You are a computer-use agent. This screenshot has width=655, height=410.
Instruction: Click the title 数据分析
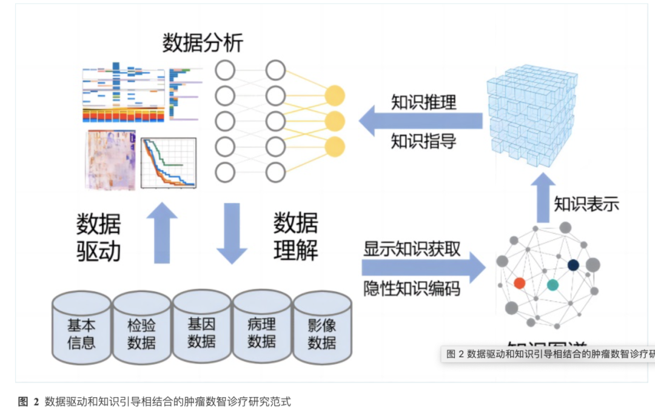(203, 43)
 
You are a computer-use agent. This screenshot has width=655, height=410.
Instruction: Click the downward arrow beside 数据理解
(233, 233)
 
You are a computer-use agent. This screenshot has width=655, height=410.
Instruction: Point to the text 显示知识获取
(412, 248)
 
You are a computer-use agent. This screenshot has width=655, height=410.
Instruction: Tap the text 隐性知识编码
(412, 288)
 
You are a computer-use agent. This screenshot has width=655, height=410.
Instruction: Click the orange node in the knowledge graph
(519, 283)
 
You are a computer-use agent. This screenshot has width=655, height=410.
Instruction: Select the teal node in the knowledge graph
(553, 285)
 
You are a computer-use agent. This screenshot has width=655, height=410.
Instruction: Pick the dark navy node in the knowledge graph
(573, 265)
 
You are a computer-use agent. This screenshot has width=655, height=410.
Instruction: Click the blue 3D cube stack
(531, 117)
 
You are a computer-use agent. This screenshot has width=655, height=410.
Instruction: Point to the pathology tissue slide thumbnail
(110, 160)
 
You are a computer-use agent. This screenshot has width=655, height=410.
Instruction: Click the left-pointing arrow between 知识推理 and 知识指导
(418, 122)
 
